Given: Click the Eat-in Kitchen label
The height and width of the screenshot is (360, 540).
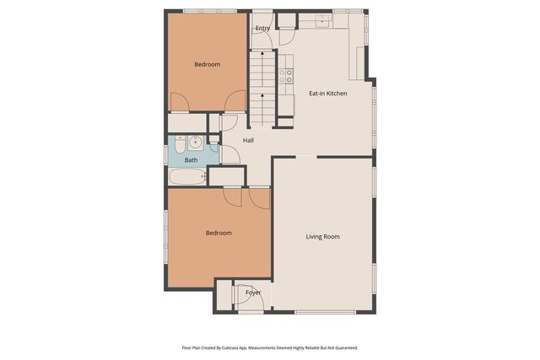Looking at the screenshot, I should pyautogui.click(x=327, y=94).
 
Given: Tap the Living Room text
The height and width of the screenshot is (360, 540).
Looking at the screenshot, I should pyautogui.click(x=322, y=237).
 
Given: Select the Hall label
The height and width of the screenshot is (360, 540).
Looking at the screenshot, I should pyautogui.click(x=249, y=140).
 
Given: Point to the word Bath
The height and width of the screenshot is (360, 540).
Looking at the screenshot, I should pyautogui.click(x=192, y=160).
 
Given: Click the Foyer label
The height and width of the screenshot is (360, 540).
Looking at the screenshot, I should pyautogui.click(x=253, y=293).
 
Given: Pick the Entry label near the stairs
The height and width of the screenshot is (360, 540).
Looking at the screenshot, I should pyautogui.click(x=262, y=28).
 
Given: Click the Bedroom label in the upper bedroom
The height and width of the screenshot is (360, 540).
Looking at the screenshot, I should pyautogui.click(x=207, y=64).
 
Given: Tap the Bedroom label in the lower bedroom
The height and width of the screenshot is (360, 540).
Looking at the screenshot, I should pyautogui.click(x=218, y=233).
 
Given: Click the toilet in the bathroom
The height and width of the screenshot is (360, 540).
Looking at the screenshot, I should pyautogui.click(x=180, y=144).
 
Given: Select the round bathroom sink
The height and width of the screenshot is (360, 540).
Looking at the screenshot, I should pyautogui.click(x=196, y=142).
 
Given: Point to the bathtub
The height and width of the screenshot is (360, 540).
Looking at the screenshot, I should pyautogui.click(x=186, y=177).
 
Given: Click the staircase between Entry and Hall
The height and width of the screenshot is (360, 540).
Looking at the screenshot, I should pyautogui.click(x=262, y=84).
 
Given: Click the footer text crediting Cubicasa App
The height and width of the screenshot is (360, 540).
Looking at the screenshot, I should pyautogui.click(x=269, y=347).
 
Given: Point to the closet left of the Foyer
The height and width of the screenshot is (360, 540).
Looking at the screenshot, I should pyautogui.click(x=223, y=296).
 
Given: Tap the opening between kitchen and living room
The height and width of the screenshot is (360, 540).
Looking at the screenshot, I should pyautogui.click(x=305, y=157).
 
